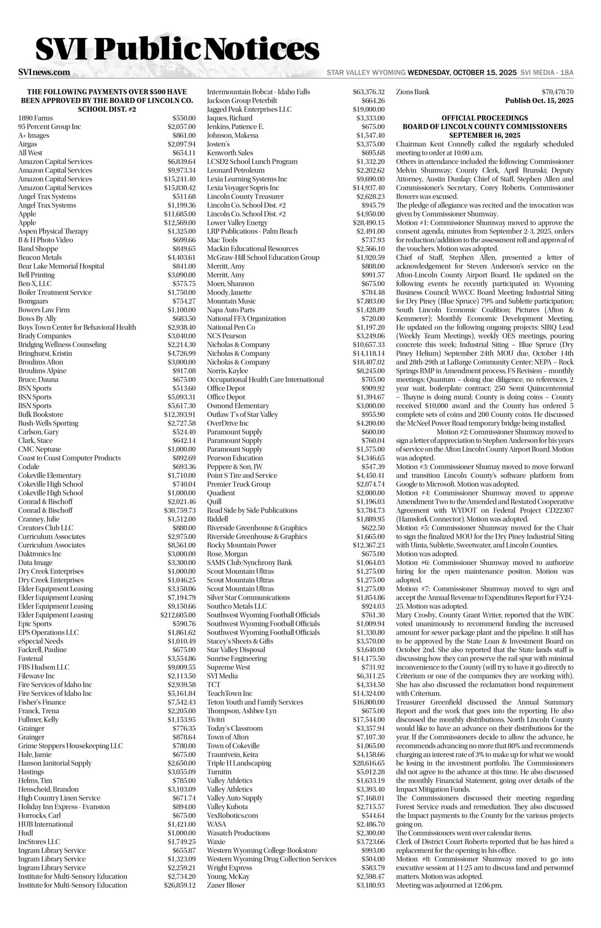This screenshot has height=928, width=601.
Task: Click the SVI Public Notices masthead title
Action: click(x=177, y=49)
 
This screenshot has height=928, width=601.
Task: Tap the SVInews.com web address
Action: click(x=44, y=72)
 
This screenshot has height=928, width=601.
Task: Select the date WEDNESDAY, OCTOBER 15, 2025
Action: click(x=462, y=72)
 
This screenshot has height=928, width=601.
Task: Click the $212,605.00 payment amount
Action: click(x=178, y=615)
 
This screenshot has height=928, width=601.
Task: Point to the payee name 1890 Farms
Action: click(x=35, y=118)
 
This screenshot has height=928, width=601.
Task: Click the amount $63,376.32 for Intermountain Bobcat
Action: click(x=368, y=92)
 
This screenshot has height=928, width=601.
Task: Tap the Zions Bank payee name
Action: click(x=413, y=92)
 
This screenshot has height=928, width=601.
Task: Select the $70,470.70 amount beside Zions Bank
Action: click(x=557, y=92)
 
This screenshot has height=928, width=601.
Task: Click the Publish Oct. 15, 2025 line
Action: click(x=539, y=101)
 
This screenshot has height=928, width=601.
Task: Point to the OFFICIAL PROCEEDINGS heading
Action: click(x=484, y=118)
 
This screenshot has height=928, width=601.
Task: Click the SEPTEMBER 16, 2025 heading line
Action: click(x=484, y=135)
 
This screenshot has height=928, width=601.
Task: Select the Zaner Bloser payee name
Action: click(x=226, y=885)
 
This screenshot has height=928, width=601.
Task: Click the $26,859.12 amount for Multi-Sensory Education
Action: click(x=180, y=885)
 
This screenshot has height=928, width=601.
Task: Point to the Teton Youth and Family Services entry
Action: click(x=255, y=702)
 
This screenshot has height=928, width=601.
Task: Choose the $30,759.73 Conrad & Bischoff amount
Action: click(x=180, y=510)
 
